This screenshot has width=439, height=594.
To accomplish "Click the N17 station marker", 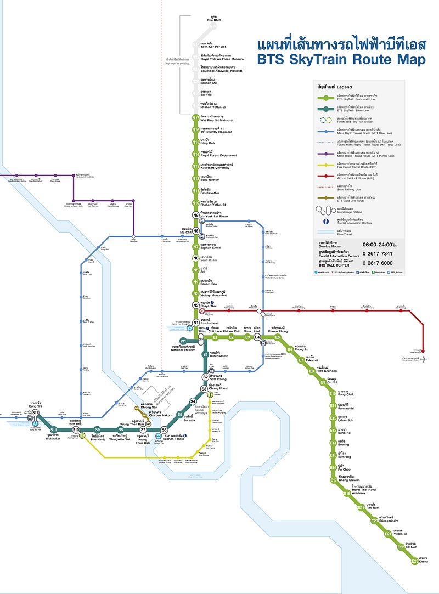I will [x=195, y=118].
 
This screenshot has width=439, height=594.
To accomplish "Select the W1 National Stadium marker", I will [x=183, y=341].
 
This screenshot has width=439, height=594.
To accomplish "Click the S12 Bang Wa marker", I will [x=35, y=412].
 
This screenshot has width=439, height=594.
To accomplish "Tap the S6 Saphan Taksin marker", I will [x=164, y=429].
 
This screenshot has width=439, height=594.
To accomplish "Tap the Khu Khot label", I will [x=213, y=19].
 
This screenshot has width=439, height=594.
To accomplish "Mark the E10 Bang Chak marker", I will [x=332, y=393].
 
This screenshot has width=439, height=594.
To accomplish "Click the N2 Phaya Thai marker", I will [x=195, y=305].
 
